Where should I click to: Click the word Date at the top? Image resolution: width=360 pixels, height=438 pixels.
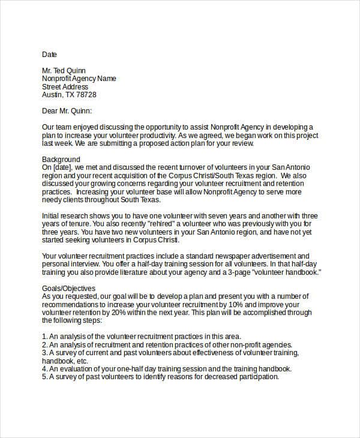49,54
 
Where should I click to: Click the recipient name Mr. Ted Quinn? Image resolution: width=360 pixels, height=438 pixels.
65,70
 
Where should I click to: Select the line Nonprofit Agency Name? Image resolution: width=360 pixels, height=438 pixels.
79,79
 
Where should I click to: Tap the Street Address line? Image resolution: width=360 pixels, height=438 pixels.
65,86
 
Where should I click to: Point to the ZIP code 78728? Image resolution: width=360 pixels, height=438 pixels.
86,95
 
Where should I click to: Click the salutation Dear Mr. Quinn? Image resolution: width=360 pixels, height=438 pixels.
67,111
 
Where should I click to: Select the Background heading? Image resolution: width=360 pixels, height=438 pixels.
61,159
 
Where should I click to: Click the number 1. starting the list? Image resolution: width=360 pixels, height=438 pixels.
45,337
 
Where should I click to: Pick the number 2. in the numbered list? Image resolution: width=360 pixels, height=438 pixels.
45,345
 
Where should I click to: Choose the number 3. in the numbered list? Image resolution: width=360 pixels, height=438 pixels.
45,353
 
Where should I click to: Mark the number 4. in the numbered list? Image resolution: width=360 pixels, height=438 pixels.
45,369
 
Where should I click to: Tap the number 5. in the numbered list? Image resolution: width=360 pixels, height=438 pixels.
45,377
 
